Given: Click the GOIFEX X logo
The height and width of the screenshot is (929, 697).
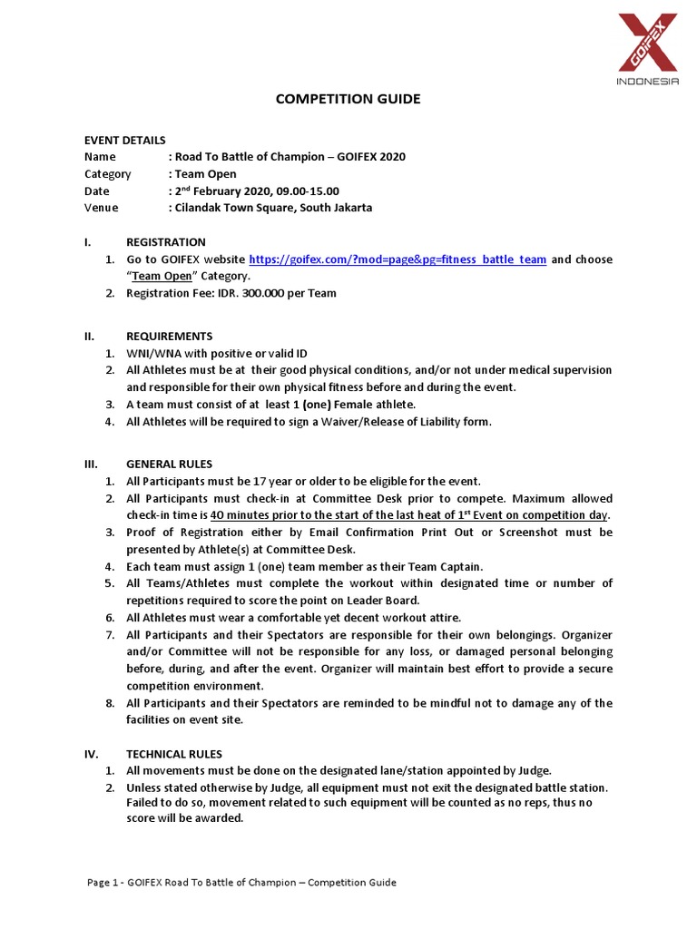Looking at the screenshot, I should tap(647, 44).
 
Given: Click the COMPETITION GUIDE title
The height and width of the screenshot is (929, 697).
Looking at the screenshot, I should tap(348, 99).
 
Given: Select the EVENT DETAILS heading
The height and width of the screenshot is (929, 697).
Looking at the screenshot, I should tap(125, 140).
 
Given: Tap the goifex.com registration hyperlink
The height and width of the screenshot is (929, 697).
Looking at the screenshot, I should tap(398, 259).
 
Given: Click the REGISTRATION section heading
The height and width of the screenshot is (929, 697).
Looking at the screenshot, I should tap(166, 242).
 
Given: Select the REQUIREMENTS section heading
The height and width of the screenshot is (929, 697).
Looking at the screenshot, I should tap(170, 336).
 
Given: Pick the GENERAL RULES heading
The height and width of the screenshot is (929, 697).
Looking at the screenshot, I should tap(170, 464).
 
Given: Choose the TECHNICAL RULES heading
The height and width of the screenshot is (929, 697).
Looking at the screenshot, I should tap(174, 754).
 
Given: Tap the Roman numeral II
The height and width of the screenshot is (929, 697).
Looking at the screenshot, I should tap(89, 336).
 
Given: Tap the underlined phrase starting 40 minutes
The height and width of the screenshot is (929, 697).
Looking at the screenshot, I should tap(409, 515).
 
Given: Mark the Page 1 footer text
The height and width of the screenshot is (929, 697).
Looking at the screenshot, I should tap(241, 883).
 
